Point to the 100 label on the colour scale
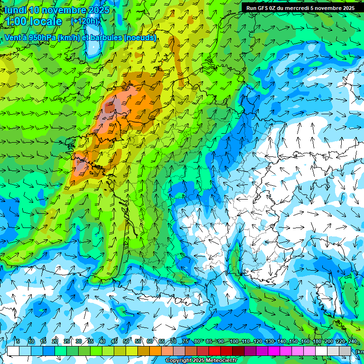click(x=234, y=342)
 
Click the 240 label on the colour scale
click(x=353, y=342)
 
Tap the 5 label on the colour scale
click(x=18, y=342)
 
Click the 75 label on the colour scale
click(x=185, y=342)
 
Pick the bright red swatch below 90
click(x=215, y=351)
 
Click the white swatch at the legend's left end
click(x=13, y=351)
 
